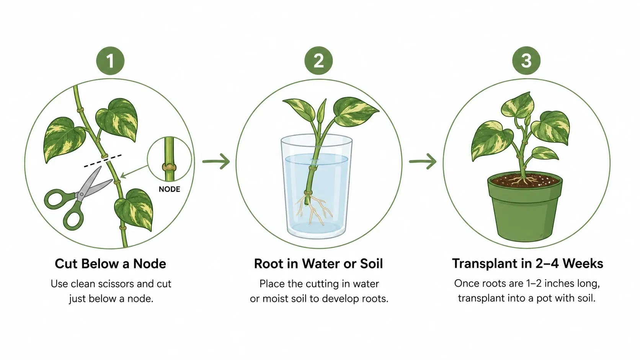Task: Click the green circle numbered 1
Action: coord(110,61)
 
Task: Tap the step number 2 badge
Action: coord(318,61)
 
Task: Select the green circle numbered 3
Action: coord(526,61)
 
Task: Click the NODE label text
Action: coord(170,189)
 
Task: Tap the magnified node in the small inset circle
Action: coord(169,167)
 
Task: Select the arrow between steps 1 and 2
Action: coord(216,161)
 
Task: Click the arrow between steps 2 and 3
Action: coord(423,161)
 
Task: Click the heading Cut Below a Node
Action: coord(110,264)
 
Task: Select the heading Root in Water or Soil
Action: coord(318,264)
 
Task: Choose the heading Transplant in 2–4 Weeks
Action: coord(527,264)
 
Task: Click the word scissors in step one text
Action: coord(116,284)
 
